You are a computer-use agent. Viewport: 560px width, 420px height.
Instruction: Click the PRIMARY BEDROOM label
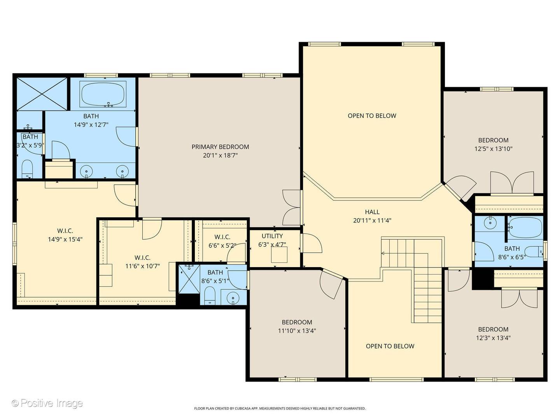tap(220, 151)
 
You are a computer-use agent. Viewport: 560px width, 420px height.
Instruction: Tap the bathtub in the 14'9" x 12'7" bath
tap(103, 94)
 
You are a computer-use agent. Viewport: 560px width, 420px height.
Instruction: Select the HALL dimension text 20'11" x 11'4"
tap(372, 220)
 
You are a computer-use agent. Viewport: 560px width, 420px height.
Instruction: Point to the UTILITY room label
tap(272, 236)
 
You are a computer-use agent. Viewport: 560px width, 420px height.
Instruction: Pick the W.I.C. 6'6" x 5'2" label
tap(222, 241)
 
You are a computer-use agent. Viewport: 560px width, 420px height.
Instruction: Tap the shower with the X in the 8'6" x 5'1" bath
tap(189, 279)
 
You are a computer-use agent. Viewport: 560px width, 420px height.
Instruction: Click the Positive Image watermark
tap(47, 403)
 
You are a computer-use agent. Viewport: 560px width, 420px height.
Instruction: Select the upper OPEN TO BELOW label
tap(372, 116)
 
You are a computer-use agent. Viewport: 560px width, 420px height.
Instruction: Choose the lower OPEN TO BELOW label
tap(390, 346)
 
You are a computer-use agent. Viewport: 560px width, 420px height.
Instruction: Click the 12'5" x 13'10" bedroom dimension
tap(493, 149)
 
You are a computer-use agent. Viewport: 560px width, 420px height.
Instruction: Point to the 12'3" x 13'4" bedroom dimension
tap(493, 338)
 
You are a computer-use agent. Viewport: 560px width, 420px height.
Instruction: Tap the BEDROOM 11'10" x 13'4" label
tap(297, 326)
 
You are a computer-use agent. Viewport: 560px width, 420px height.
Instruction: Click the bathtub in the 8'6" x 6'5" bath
tap(525, 227)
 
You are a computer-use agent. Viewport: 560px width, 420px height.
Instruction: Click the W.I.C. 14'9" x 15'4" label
tap(65, 235)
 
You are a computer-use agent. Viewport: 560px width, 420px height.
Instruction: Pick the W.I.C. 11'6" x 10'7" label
tap(142, 262)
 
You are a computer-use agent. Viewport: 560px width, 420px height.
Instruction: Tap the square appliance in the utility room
tap(279, 254)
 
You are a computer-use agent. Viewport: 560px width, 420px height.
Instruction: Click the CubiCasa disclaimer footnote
tap(280, 408)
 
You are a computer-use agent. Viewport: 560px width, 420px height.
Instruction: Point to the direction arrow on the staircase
tap(383, 253)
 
